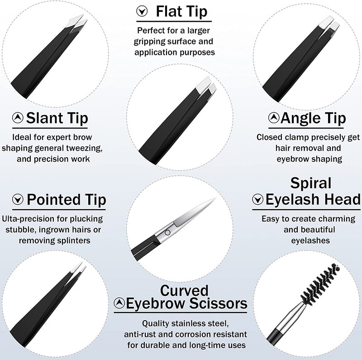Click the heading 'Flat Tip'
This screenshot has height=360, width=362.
(181, 12)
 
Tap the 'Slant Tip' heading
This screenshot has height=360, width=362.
(57, 118)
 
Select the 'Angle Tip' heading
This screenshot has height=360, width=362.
(313, 118)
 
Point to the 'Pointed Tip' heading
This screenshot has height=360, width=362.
(67, 199)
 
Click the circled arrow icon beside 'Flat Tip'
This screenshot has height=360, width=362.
(142, 11)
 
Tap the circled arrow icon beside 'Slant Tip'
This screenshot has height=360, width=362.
(18, 118)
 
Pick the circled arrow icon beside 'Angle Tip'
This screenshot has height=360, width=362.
(274, 118)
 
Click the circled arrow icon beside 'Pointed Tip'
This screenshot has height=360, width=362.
(18, 200)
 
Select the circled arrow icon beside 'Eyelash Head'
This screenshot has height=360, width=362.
(257, 199)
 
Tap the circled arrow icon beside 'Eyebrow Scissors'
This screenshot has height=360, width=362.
(119, 302)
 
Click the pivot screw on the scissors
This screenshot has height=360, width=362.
(168, 232)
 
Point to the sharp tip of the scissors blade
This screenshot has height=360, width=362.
(215, 198)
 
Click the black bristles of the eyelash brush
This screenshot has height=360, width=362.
(320, 283)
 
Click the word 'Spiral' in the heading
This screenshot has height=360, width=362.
(311, 183)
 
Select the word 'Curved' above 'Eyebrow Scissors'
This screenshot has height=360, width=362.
(184, 290)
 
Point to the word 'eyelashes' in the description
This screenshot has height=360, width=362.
(310, 240)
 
